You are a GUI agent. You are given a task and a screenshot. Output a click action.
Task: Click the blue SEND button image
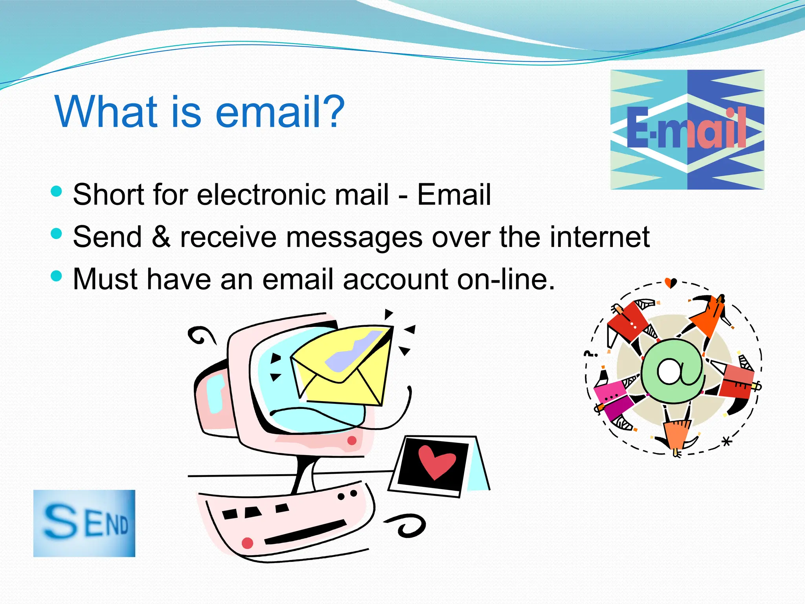pos(84,523)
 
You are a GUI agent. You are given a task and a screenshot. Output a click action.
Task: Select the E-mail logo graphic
pos(687,129)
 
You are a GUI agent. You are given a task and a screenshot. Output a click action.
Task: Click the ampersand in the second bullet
pos(161,237)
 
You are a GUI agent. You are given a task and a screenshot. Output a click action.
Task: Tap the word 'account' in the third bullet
pos(395,279)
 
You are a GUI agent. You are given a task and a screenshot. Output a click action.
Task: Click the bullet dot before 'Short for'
pos(57,191)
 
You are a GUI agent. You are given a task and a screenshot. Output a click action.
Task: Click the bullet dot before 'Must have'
pos(57,276)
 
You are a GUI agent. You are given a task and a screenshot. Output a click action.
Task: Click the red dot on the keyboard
pos(247,543)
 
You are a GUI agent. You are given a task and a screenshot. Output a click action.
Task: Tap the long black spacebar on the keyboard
pos(305,532)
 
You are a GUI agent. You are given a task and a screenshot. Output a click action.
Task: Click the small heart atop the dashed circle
pos(671,282)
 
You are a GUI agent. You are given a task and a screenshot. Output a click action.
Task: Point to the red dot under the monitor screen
pos(352,440)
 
